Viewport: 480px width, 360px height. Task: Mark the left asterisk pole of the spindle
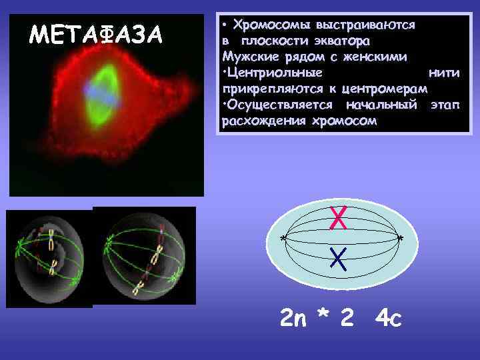click(x=283, y=239)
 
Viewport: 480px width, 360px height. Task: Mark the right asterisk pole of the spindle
click(x=399, y=239)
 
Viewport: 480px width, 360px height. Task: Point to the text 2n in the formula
click(x=293, y=319)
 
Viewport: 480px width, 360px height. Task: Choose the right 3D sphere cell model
click(x=145, y=256)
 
